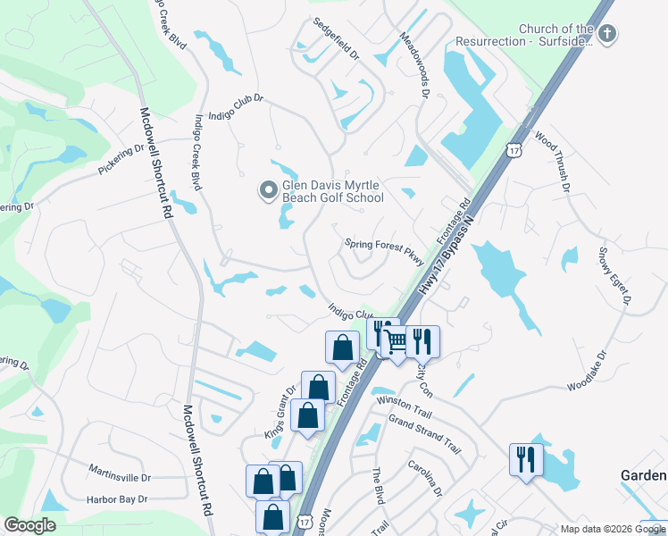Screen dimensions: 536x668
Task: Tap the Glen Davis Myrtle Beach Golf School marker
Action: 267,190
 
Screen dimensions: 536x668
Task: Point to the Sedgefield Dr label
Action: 335,37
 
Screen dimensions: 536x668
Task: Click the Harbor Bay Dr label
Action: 116,498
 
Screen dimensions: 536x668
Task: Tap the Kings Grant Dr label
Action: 279,409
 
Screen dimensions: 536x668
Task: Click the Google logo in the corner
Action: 30,524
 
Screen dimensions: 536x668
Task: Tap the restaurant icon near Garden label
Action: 525,460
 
